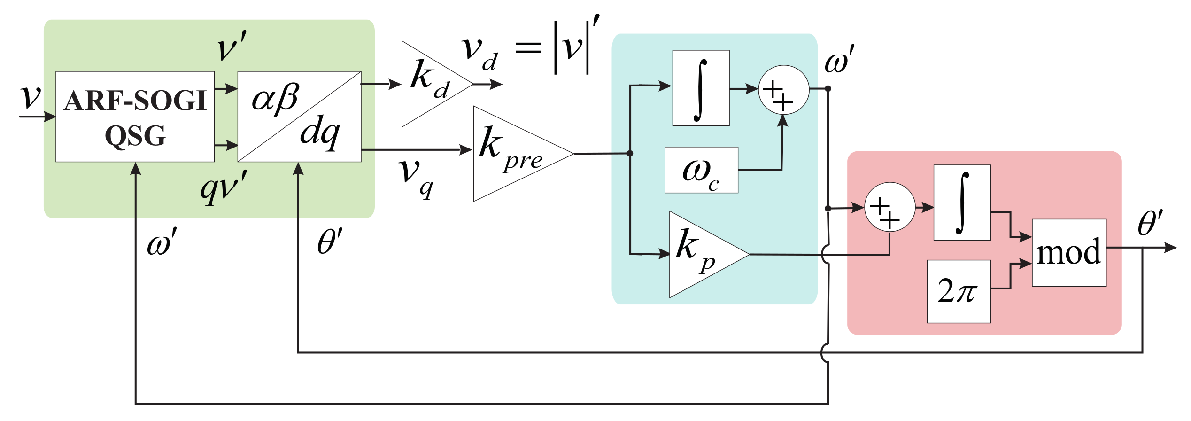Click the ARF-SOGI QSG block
pyautogui.click(x=135, y=117)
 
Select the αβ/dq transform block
pyautogui.click(x=299, y=117)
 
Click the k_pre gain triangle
pyautogui.click(x=512, y=154)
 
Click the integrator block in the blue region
pyautogui.click(x=701, y=88)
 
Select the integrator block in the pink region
pyautogui.click(x=962, y=203)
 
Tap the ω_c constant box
pyautogui.click(x=701, y=170)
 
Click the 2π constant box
pyautogui.click(x=959, y=291)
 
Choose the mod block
pyautogui.click(x=1069, y=253)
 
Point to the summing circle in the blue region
pyautogui.click(x=783, y=89)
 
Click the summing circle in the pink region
pyautogui.click(x=889, y=207)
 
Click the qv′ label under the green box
pyautogui.click(x=224, y=188)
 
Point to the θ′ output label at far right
pyautogui.click(x=1150, y=223)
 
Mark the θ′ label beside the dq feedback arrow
pyautogui.click(x=330, y=242)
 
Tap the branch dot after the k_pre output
pyautogui.click(x=630, y=154)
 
